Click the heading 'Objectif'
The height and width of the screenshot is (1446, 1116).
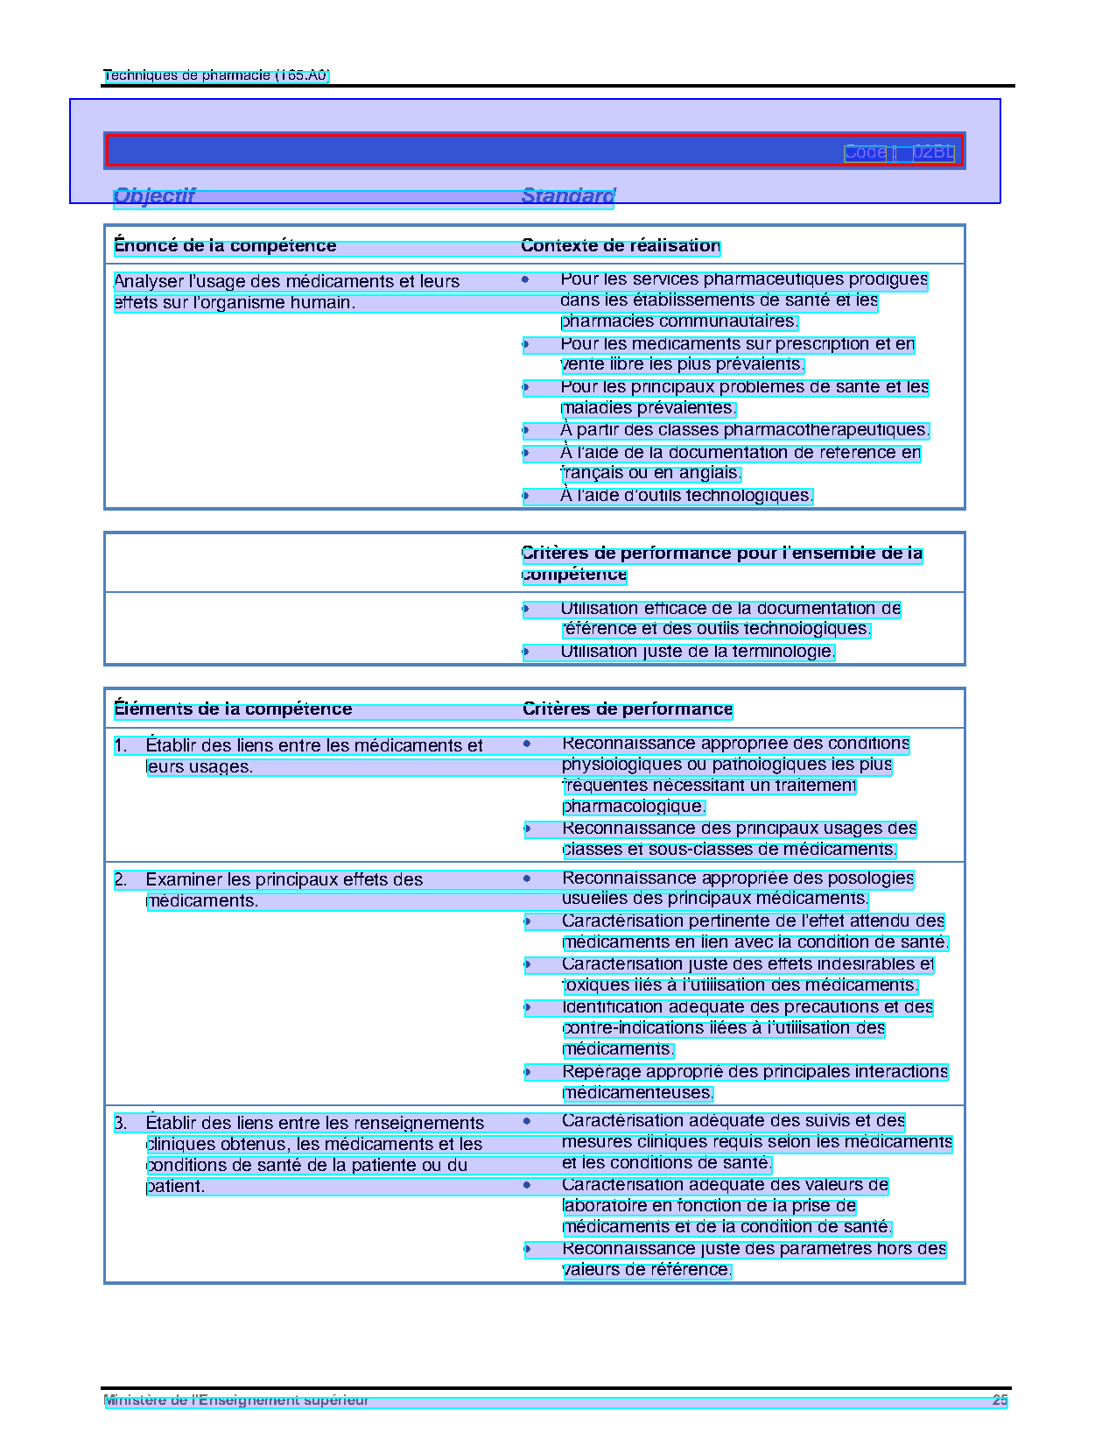[154, 196]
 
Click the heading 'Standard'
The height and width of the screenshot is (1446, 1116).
[568, 196]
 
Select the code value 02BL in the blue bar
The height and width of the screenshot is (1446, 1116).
[933, 152]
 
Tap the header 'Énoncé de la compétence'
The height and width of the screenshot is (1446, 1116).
[225, 246]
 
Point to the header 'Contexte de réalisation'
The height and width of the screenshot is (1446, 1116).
[620, 246]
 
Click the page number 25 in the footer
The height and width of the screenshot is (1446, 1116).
[1000, 1400]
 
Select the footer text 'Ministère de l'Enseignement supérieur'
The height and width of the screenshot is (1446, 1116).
[236, 1400]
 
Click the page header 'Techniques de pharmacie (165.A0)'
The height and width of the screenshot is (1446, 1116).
[216, 75]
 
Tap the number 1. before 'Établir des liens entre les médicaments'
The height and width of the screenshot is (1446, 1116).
[121, 746]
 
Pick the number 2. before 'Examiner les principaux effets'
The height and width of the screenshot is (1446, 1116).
[121, 880]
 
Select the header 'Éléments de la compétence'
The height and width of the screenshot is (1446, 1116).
[233, 709]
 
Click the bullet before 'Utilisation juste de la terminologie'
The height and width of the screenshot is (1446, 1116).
[526, 652]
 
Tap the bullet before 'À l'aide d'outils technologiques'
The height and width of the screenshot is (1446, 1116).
[525, 496]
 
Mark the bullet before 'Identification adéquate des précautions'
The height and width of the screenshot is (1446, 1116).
[527, 1007]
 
